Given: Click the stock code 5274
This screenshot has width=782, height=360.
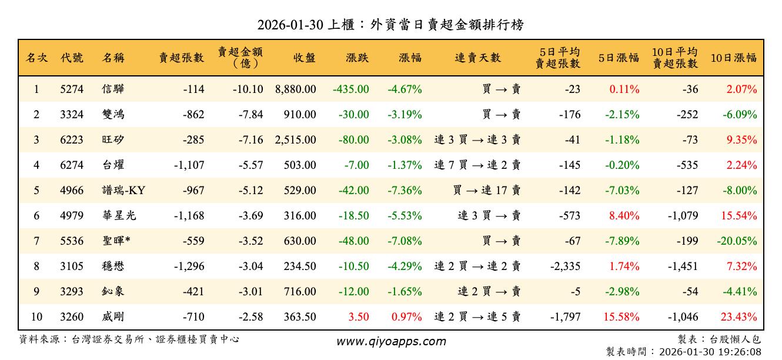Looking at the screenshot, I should (72, 90).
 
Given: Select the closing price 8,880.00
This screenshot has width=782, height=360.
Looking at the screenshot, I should (295, 90).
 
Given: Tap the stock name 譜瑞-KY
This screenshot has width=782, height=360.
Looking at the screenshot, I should (123, 191).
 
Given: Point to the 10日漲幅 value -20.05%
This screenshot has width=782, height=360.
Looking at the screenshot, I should (737, 241).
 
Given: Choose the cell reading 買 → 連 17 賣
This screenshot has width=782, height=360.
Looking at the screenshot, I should (487, 191).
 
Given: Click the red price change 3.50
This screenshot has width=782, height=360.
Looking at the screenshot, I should (359, 317).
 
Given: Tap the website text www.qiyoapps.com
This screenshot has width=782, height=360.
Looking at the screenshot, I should (391, 341).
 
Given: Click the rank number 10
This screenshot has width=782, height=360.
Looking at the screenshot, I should (36, 317).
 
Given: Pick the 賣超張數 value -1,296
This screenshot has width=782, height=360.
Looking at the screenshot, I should (189, 266).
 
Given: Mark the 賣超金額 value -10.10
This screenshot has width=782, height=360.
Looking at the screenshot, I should (247, 90).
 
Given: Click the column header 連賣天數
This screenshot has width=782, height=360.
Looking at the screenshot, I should (477, 58).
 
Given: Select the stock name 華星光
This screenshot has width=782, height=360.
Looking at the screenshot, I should (119, 216).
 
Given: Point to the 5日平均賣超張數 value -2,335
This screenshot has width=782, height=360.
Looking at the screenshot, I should (565, 266).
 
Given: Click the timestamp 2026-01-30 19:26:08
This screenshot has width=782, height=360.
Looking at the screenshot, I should (710, 352).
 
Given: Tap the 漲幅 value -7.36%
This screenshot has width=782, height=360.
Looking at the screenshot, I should (405, 191).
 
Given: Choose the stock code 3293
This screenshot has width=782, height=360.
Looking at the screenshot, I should (72, 292).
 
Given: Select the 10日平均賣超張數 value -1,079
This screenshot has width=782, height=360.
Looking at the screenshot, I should (683, 216).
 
